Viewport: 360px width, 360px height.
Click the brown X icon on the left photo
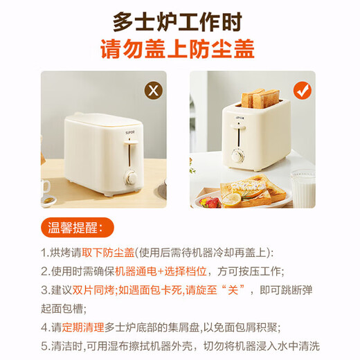(x=152, y=90)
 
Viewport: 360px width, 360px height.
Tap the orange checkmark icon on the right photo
(x=303, y=90)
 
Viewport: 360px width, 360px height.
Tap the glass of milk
(x=303, y=188)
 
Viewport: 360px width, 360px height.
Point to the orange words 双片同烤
(x=94, y=289)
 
